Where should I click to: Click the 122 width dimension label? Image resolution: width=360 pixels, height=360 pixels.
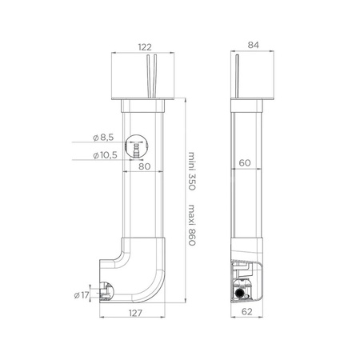[x=145, y=47]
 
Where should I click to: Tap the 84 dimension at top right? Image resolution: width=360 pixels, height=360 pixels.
[x=253, y=45]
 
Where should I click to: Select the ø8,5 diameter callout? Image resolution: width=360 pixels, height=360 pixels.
[x=103, y=138]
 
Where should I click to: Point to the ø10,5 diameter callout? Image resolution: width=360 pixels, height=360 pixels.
[x=105, y=155]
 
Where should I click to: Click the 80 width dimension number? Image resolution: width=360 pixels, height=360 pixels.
[x=145, y=166]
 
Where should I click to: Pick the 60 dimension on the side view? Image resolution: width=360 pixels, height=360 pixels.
[x=245, y=162]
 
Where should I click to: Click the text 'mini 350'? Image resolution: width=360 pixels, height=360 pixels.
[x=192, y=171]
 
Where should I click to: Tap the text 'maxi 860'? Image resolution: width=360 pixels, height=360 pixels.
[x=192, y=225]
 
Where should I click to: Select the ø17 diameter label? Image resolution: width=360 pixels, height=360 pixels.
[x=81, y=295]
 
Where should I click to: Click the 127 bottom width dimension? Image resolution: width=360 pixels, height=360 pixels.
[x=135, y=313]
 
